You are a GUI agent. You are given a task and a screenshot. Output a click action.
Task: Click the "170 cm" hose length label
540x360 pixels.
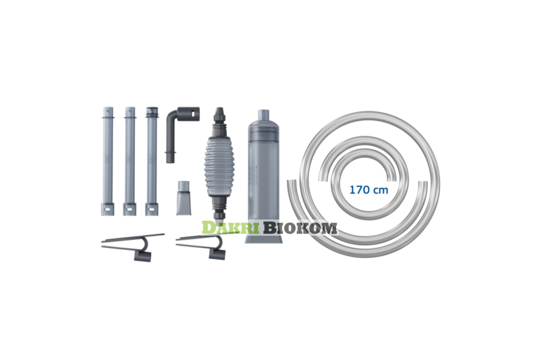point(369,190)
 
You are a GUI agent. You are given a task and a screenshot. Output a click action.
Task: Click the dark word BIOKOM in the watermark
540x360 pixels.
point(299,228)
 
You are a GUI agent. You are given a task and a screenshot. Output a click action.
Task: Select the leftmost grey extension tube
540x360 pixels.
point(108,161)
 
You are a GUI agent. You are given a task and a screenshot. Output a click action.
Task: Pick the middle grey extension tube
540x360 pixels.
point(130,161)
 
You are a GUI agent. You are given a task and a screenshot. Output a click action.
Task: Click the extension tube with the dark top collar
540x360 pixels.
point(151,161)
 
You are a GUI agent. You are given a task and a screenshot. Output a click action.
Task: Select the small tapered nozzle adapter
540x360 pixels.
point(184,198)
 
